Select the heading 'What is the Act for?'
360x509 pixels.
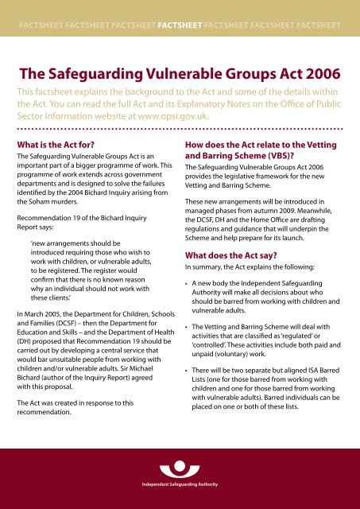click(64, 145)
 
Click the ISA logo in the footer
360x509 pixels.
click(180, 460)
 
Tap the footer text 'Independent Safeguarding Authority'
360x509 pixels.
click(180, 483)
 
